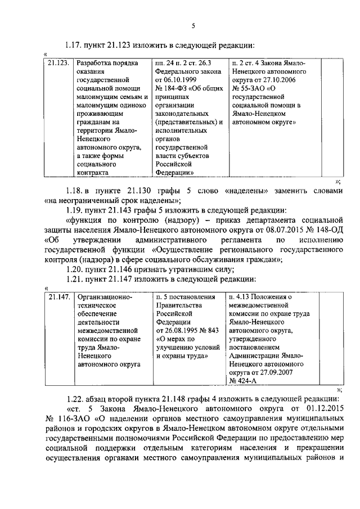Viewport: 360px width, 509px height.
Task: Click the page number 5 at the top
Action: [192, 25]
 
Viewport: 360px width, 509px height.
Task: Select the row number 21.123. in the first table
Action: [58, 64]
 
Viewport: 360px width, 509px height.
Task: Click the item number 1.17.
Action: [74, 45]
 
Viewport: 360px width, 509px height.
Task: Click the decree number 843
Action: [212, 330]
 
